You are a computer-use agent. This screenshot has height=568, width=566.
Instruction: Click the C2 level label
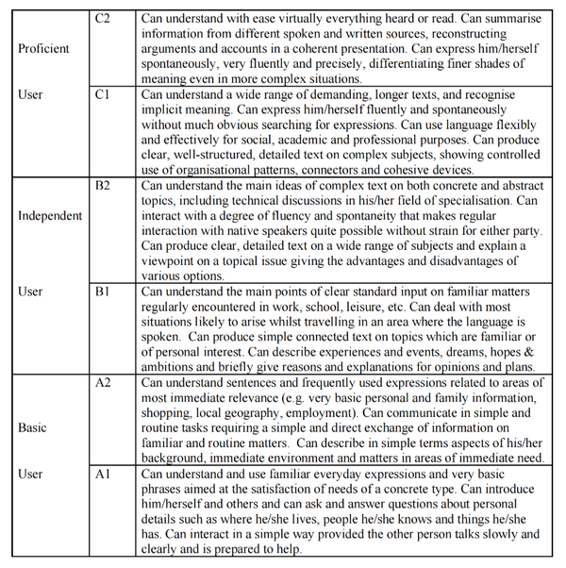pos(104,18)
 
